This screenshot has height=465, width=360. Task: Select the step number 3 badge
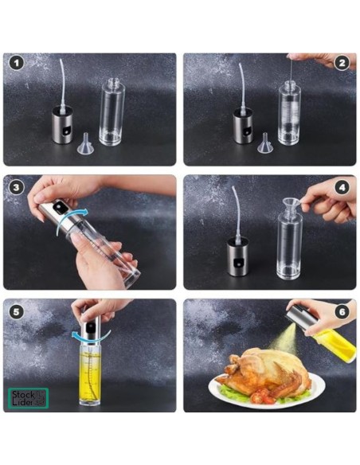[15, 186]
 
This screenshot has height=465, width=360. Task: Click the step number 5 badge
[15, 309]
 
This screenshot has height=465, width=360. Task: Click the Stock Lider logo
[29, 398]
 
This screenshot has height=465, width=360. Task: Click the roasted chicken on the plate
[255, 369]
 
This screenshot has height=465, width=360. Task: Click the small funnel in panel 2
[267, 144]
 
